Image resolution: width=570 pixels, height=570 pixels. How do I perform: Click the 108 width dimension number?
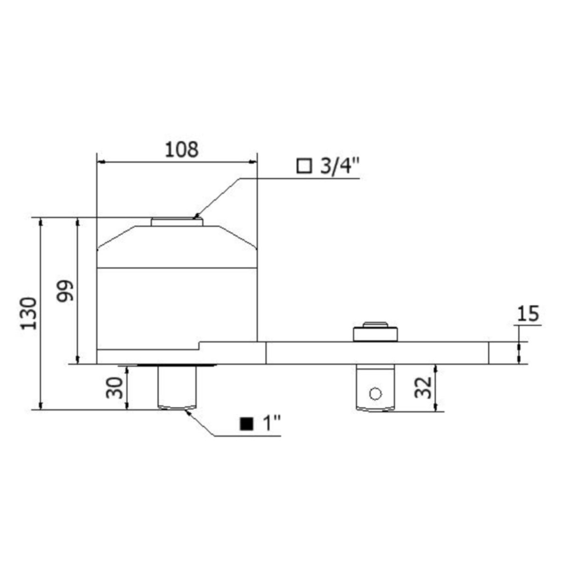181,150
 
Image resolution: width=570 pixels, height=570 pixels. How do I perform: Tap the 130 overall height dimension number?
28,314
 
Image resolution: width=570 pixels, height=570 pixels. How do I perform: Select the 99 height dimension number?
65,291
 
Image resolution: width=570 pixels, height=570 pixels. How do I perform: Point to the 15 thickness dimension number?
528,313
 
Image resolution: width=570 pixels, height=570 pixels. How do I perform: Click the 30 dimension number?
114,388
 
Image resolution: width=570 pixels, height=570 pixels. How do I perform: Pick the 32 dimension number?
423,388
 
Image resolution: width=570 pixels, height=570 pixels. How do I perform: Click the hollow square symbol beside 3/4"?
304,166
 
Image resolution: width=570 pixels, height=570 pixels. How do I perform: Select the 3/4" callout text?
339,167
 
